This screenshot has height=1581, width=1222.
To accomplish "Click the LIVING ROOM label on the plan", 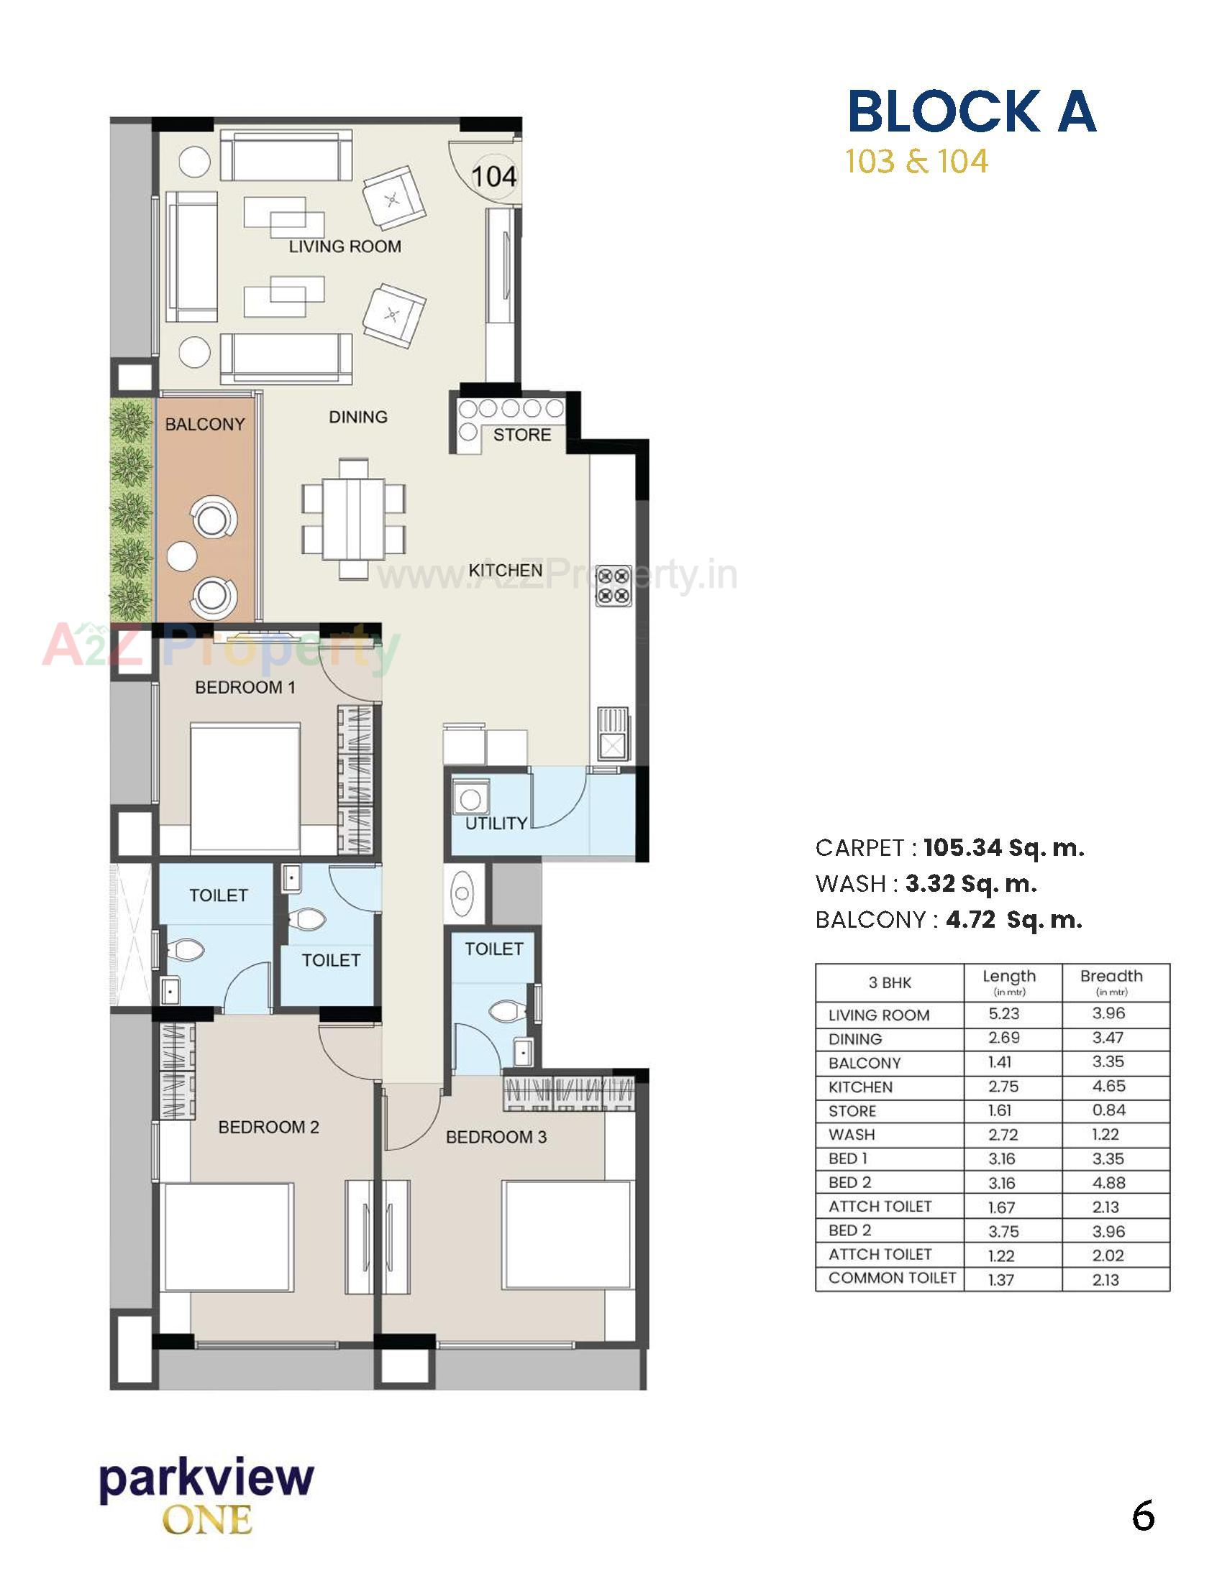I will [x=345, y=246].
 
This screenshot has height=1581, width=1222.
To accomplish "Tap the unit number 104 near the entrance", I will [x=494, y=176].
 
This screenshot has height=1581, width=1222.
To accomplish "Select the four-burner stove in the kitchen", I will [x=613, y=586].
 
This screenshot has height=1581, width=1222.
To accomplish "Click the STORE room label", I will [x=522, y=434].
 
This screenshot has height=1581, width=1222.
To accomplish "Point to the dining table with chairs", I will [x=353, y=518].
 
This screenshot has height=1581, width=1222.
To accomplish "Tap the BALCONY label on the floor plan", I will [x=205, y=424].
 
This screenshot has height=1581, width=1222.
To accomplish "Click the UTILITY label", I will [x=496, y=823].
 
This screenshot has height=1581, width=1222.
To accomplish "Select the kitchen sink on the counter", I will [x=613, y=733].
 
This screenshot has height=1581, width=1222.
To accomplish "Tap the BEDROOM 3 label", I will [x=496, y=1137].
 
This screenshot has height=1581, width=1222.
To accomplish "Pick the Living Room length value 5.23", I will [x=1003, y=1013].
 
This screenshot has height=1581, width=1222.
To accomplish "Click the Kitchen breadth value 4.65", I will [x=1108, y=1086].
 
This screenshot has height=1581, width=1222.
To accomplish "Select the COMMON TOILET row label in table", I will [x=892, y=1278].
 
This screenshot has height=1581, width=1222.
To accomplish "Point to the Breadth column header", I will [x=1111, y=976].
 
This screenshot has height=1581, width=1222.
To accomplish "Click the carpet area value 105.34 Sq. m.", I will [x=1003, y=848].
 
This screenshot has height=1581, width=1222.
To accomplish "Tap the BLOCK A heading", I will [x=972, y=111].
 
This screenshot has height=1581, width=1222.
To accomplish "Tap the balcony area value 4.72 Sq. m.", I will [x=1013, y=920].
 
